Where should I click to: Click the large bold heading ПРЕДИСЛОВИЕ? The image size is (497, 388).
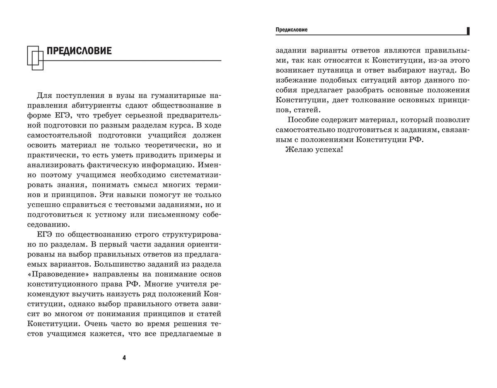[x=79, y=51]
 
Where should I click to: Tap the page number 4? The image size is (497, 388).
[x=124, y=358]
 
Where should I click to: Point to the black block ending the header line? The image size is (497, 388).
[x=468, y=31]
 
